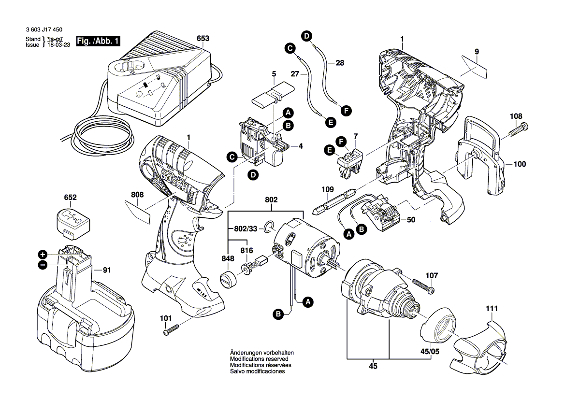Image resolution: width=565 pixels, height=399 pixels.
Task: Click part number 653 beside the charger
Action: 203,38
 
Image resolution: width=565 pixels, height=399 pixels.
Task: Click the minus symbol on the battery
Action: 43,264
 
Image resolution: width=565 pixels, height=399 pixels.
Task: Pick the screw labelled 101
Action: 171,330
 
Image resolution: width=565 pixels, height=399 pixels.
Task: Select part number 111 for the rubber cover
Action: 492,308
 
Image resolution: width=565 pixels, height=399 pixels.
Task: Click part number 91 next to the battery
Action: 107,271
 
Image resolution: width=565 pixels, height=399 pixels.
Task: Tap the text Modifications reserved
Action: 259,359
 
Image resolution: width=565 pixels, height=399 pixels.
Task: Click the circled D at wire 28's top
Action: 307,35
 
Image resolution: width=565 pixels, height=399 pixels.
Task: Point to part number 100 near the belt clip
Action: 519,164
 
